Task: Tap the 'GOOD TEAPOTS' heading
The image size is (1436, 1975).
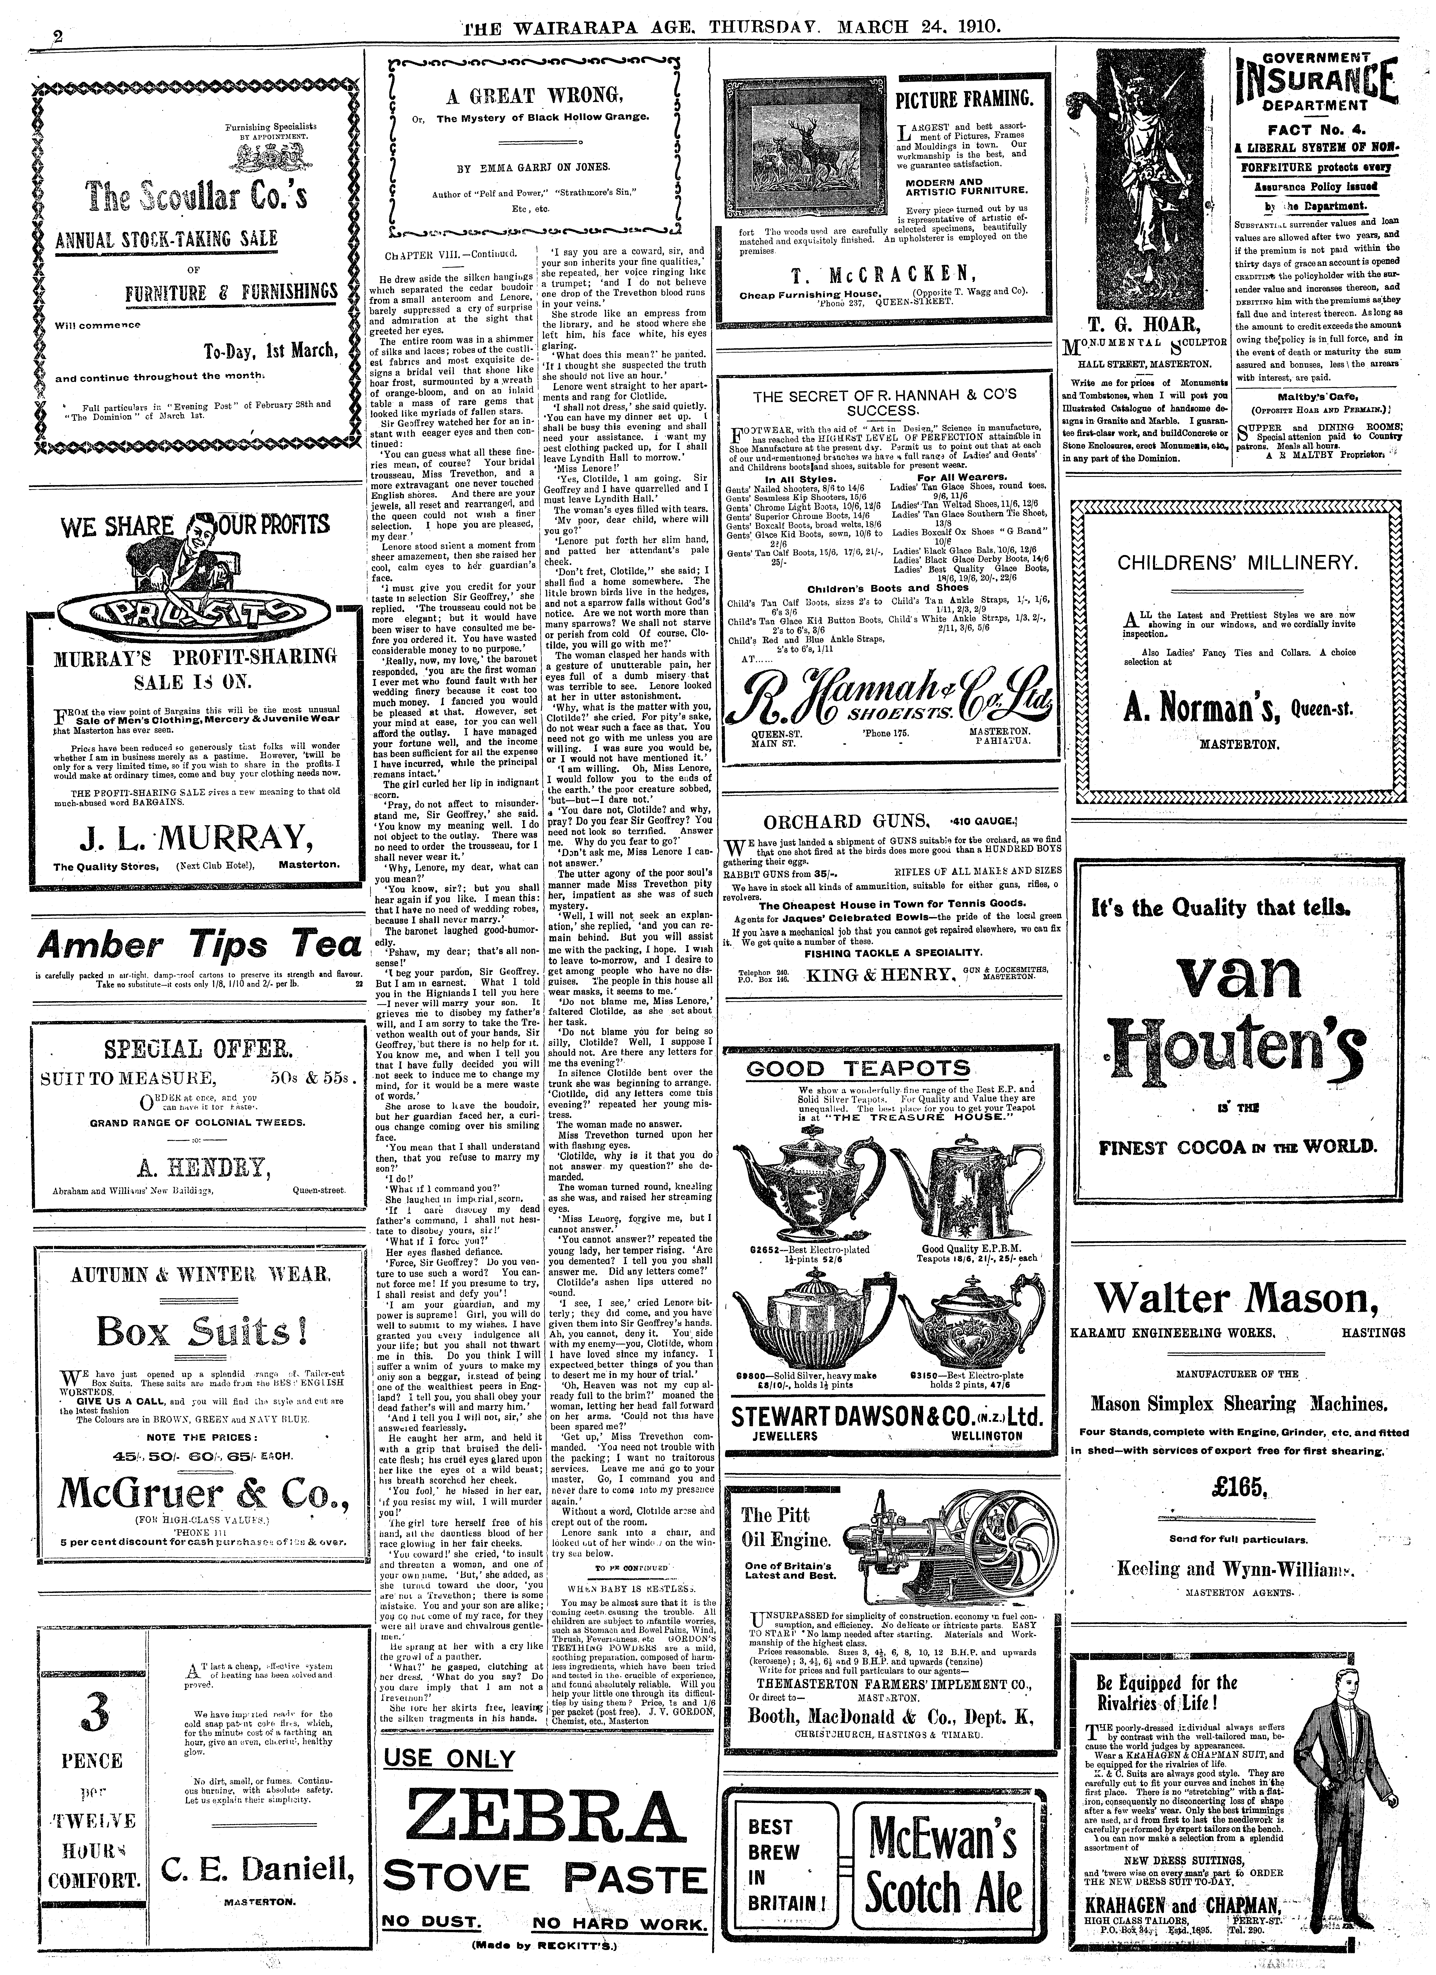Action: pyautogui.click(x=858, y=1068)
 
